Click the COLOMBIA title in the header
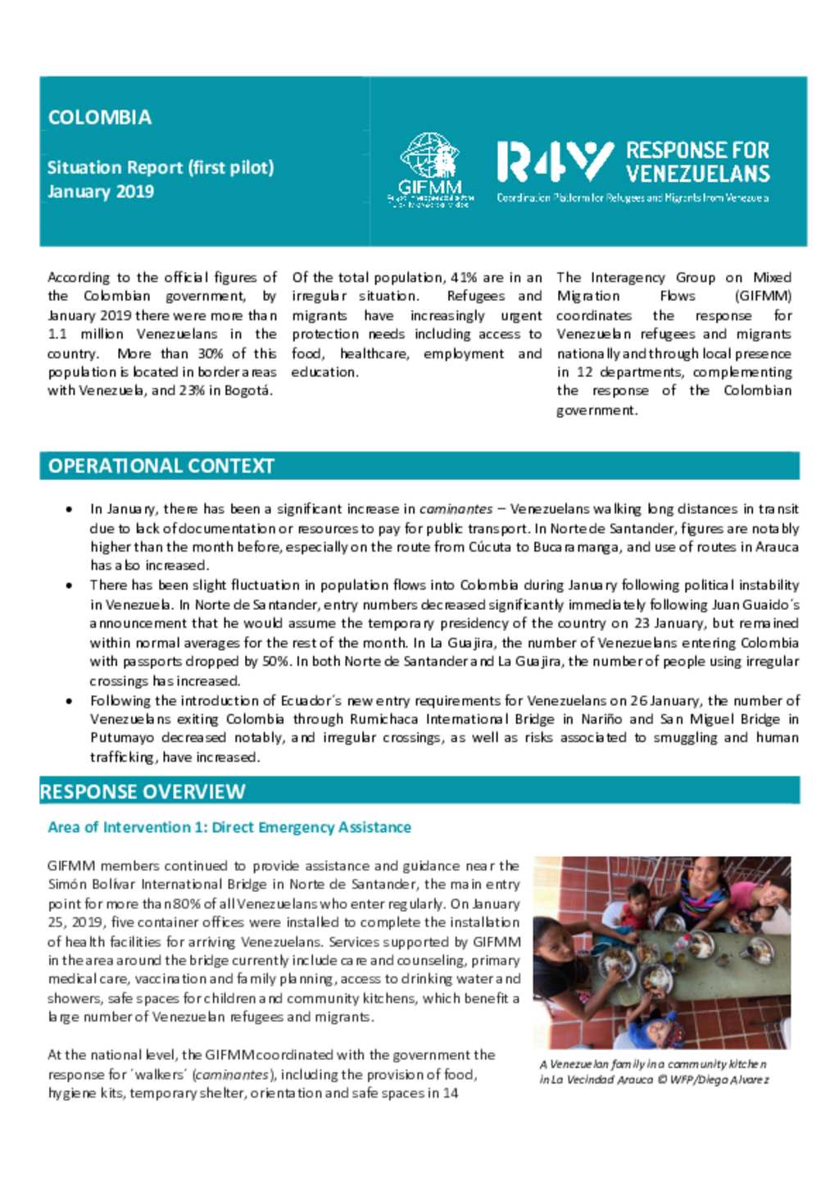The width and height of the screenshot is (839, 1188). (99, 117)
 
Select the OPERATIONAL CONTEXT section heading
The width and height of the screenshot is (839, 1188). (161, 466)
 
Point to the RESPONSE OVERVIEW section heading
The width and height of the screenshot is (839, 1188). (143, 791)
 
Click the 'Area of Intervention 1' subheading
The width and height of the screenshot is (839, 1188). (229, 827)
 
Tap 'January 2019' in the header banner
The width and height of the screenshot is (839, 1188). (100, 192)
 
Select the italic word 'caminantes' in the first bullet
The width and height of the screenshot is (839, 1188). (456, 509)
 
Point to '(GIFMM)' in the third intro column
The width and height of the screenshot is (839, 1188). (763, 296)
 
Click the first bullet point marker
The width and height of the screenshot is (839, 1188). (70, 509)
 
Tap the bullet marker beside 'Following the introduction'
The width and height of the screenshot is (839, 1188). (70, 701)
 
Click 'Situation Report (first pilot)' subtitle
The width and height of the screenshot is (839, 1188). (160, 167)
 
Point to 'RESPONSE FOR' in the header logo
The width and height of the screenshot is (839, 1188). (697, 150)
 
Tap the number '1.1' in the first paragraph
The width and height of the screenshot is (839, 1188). (57, 335)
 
